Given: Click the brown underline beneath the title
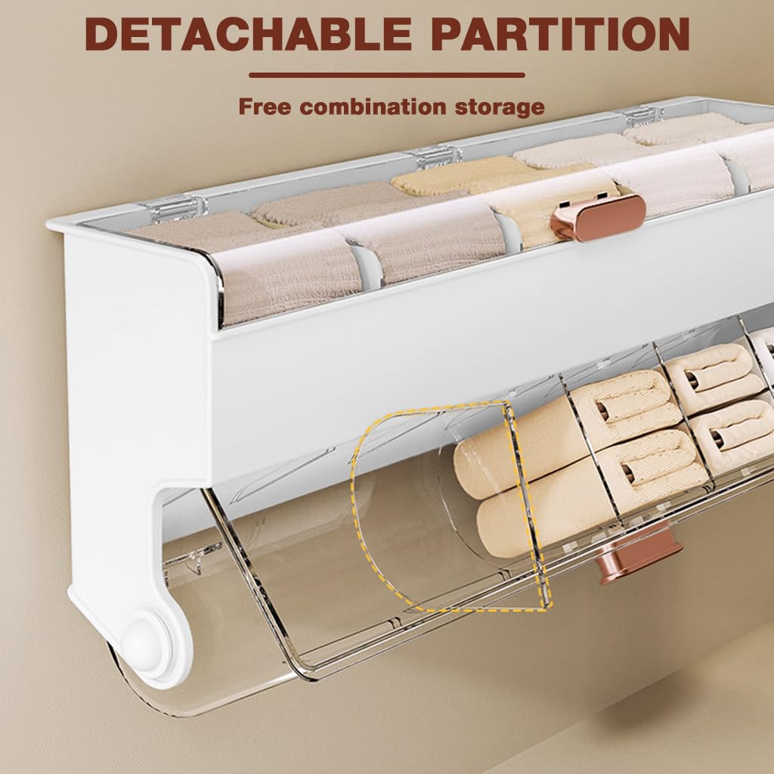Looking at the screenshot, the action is coord(386,75).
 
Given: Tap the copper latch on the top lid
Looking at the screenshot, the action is coord(599,216).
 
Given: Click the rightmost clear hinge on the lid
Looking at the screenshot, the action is coord(642,115).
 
